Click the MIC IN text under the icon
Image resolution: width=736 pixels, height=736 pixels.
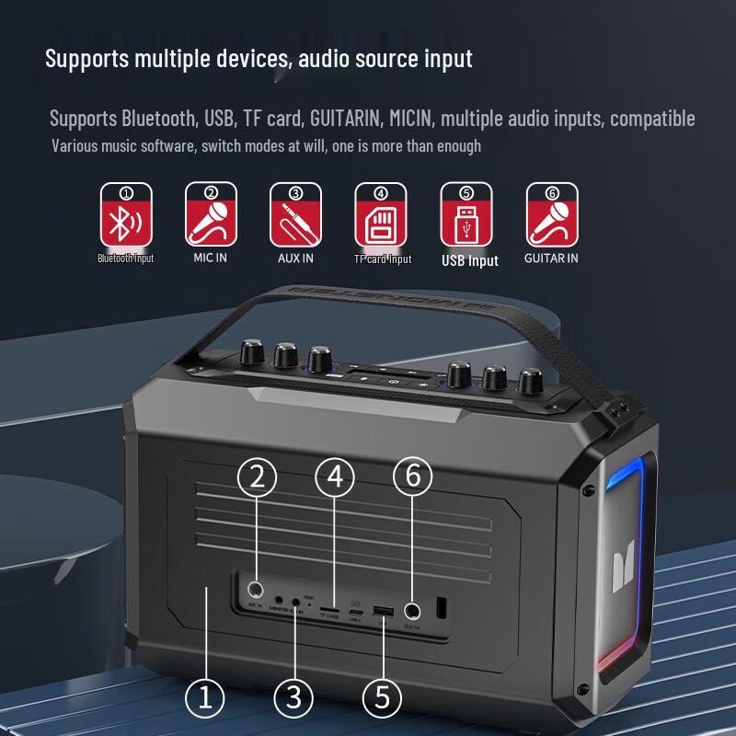(210, 259)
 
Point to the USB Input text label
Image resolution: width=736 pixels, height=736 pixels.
(469, 260)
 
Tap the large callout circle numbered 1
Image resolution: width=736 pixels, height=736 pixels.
(206, 697)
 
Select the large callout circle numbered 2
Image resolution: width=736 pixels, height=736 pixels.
(257, 476)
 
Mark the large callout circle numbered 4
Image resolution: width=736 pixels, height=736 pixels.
(335, 476)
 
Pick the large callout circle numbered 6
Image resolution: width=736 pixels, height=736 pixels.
(412, 476)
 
